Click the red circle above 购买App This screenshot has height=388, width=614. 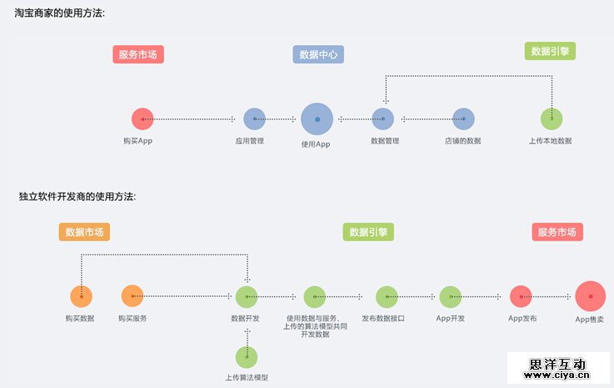pyautogui.click(x=142, y=119)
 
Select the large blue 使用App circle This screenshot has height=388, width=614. pyautogui.click(x=317, y=119)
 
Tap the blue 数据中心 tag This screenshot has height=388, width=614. pyautogui.click(x=318, y=54)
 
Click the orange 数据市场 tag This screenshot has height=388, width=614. pyautogui.click(x=84, y=232)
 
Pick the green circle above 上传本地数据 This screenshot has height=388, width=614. pyautogui.click(x=551, y=119)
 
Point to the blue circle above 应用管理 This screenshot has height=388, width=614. pyautogui.click(x=254, y=119)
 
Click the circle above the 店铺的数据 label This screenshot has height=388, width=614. pyautogui.click(x=463, y=119)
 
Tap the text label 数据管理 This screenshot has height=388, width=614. pyautogui.click(x=385, y=141)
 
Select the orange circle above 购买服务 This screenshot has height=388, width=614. pyautogui.click(x=132, y=296)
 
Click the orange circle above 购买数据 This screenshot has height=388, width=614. pyautogui.click(x=81, y=296)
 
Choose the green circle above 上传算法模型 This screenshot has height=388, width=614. pyautogui.click(x=247, y=357)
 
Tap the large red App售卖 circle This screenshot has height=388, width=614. pyautogui.click(x=590, y=296)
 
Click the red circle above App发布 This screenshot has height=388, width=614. pyautogui.click(x=521, y=296)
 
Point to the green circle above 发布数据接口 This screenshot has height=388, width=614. pyautogui.click(x=387, y=296)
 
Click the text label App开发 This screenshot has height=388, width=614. pyautogui.click(x=450, y=318)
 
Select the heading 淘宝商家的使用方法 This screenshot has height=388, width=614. pyautogui.click(x=60, y=13)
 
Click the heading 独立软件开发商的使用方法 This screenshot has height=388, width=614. pyautogui.click(x=77, y=197)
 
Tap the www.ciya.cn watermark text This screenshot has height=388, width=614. pyautogui.click(x=558, y=376)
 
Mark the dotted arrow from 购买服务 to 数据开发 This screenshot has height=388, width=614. pyautogui.click(x=187, y=296)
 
